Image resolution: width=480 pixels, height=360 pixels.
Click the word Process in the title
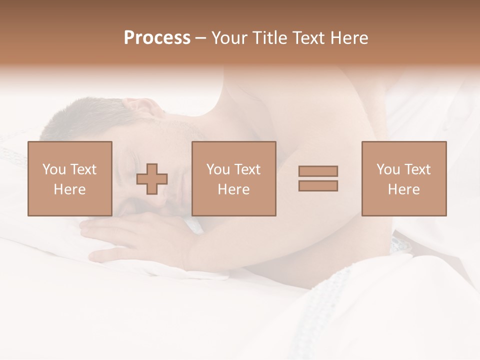pos(157,38)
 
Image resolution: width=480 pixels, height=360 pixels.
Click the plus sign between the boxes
pos(152,179)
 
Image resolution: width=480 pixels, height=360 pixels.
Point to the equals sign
pos(318,178)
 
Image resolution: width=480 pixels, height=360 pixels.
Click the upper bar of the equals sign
pos(318,171)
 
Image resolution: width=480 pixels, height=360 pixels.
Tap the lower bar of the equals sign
pos(318,186)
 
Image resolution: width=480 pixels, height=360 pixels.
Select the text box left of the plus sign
pos(70,178)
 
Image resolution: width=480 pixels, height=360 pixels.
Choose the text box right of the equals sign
pos(404,178)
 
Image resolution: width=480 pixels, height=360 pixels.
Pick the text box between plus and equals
pos(234,178)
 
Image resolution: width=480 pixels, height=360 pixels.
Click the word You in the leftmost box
pos(54,169)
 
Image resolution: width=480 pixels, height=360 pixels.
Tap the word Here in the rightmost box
pos(404,189)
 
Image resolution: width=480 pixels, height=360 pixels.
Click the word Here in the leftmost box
pos(70,189)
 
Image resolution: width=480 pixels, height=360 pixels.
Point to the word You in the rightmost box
pos(388,169)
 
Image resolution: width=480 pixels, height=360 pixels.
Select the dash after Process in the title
pos(201,38)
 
